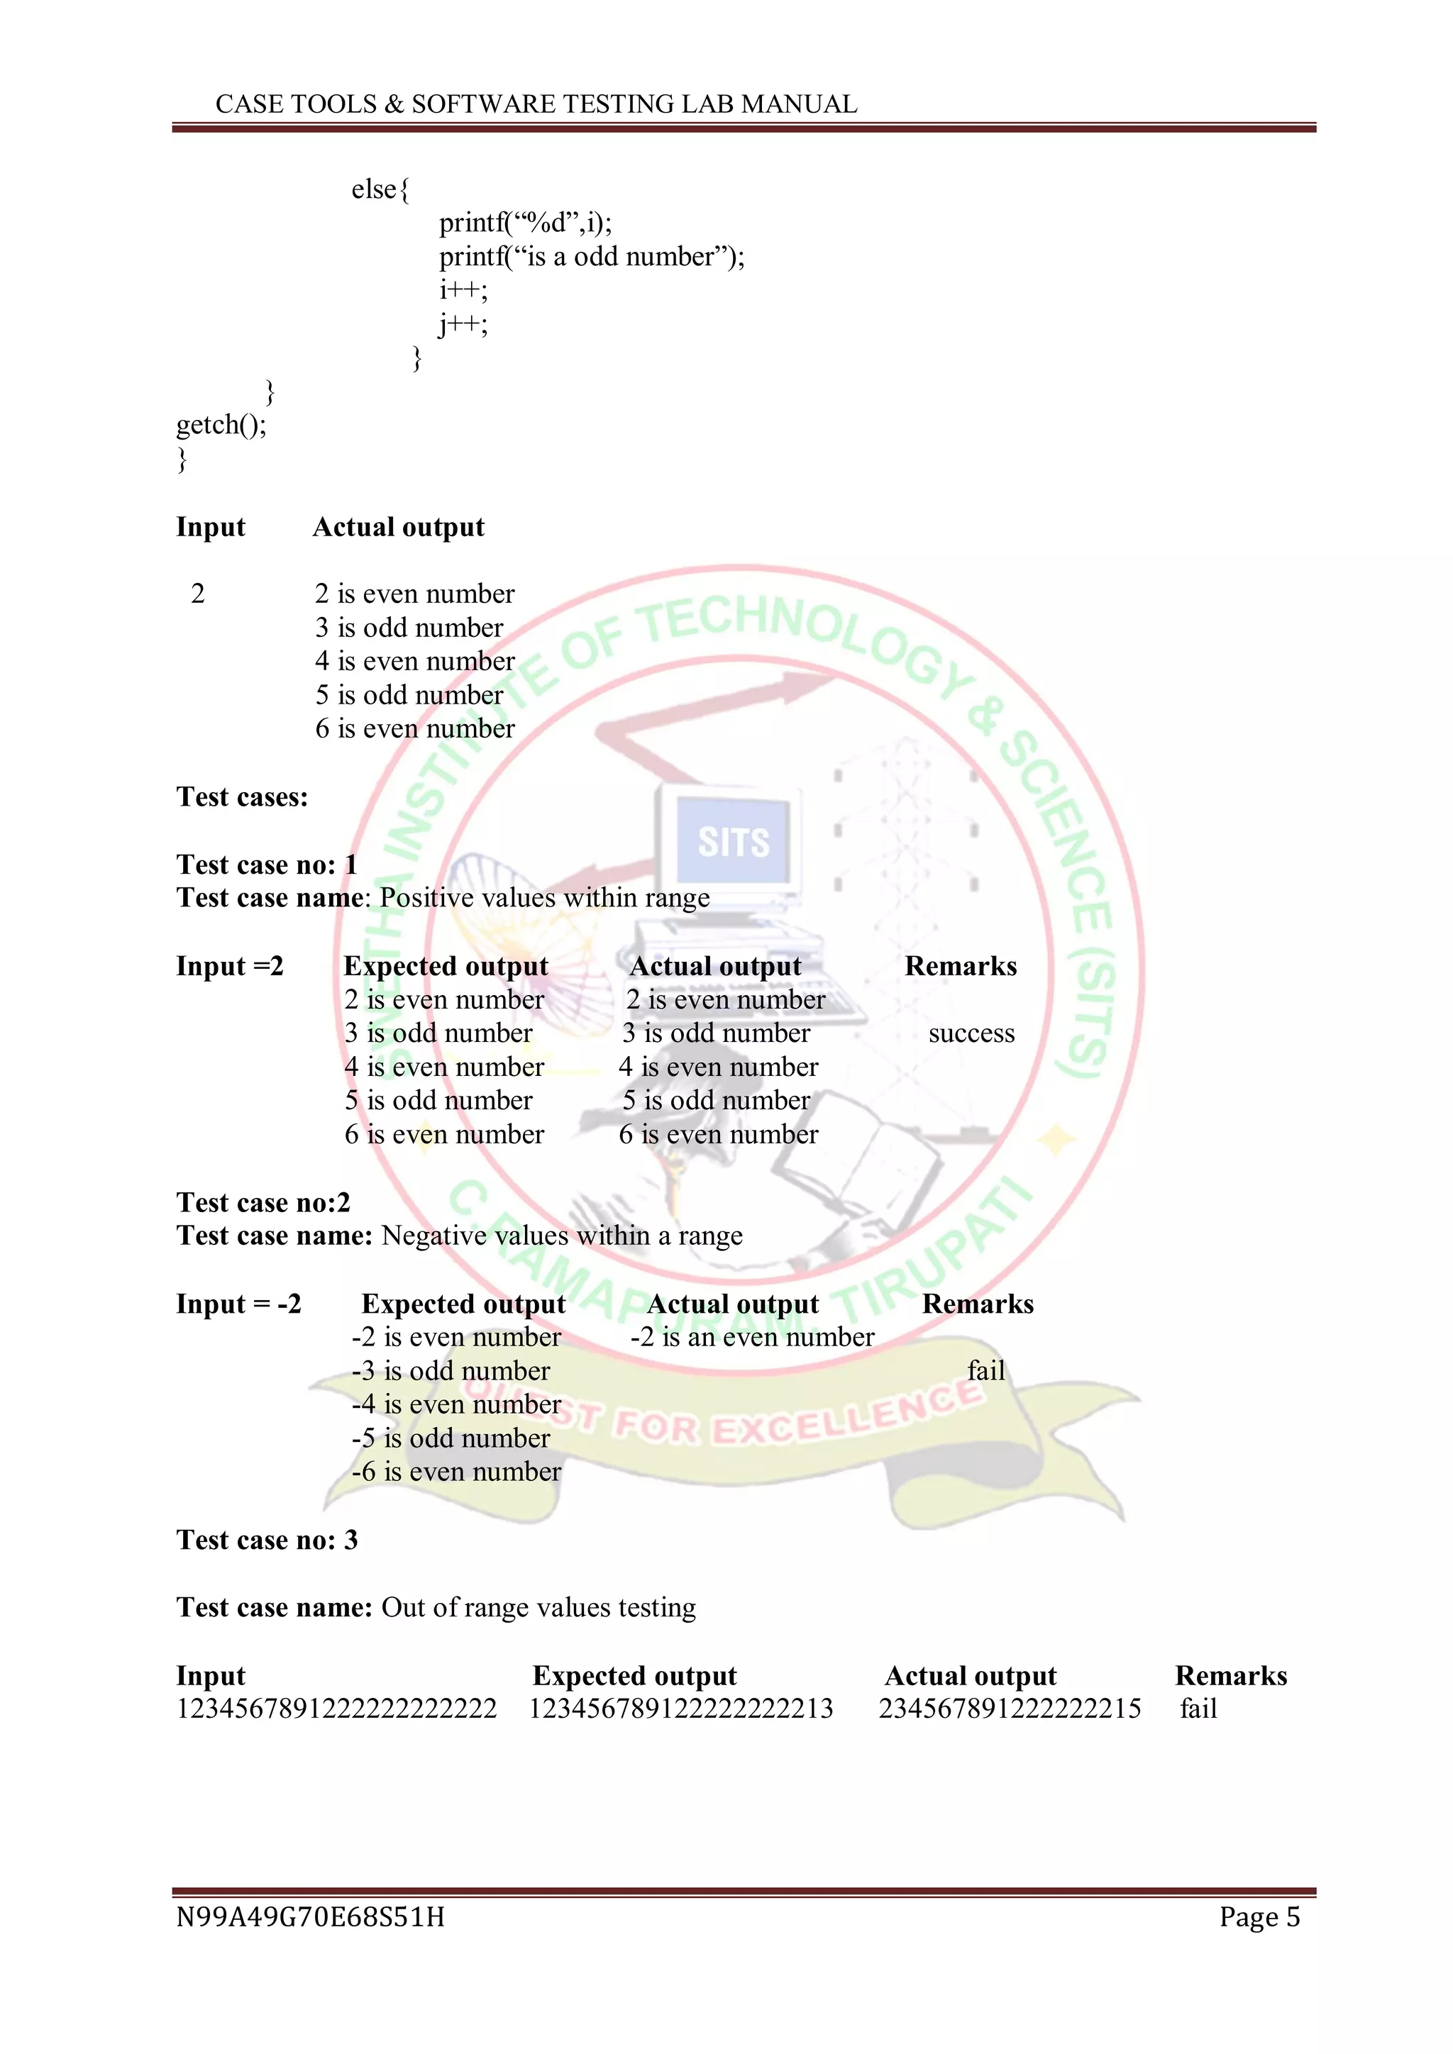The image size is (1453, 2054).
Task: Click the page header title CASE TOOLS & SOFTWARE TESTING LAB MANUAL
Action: pyautogui.click(x=536, y=105)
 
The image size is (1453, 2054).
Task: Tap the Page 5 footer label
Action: pyautogui.click(x=1259, y=1917)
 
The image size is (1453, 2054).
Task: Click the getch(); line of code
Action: pyautogui.click(x=221, y=424)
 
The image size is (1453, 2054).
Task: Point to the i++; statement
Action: pyautogui.click(x=463, y=290)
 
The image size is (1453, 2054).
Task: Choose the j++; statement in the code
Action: pyautogui.click(x=463, y=324)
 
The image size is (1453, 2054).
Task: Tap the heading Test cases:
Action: pyautogui.click(x=241, y=797)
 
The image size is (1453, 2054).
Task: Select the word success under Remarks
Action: pyautogui.click(x=971, y=1034)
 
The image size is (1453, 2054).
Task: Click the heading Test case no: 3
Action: pyautogui.click(x=267, y=1540)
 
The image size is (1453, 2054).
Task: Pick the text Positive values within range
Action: pyautogui.click(x=545, y=898)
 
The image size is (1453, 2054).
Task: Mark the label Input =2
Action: pyautogui.click(x=229, y=966)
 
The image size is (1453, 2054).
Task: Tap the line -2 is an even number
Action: pyautogui.click(x=751, y=1338)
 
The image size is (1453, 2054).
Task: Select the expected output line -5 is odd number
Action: pyautogui.click(x=451, y=1438)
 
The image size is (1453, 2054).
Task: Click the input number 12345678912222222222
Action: pyautogui.click(x=336, y=1709)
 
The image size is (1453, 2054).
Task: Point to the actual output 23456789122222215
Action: pyautogui.click(x=1010, y=1709)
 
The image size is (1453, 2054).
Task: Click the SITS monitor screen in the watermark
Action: pyautogui.click(x=733, y=842)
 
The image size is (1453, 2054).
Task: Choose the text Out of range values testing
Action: pyautogui.click(x=538, y=1608)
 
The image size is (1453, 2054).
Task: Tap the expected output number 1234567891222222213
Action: pyautogui.click(x=681, y=1709)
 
